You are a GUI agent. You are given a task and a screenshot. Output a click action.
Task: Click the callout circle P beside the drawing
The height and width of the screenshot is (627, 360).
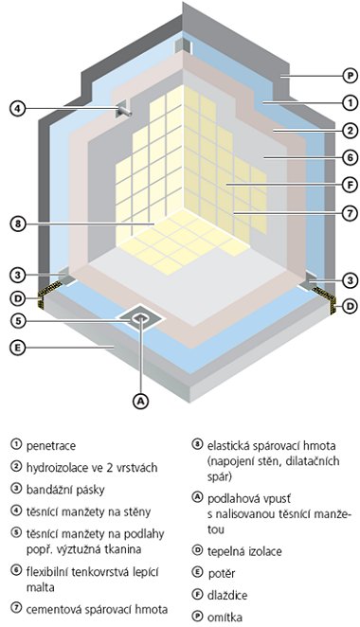pos(350,75)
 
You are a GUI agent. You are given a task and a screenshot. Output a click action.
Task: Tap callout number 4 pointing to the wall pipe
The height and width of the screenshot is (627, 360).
pos(17,108)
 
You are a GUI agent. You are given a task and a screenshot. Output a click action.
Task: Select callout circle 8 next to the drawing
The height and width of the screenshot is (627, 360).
pos(17,224)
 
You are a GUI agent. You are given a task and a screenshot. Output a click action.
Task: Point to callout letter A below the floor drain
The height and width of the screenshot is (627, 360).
pos(140,401)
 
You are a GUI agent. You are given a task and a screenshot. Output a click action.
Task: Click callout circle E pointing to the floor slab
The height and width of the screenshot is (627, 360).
pos(17,348)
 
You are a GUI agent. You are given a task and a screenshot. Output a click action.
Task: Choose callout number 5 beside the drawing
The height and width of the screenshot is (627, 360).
pos(17,321)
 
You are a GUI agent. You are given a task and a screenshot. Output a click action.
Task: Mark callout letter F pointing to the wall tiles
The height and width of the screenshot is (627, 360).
pos(350,185)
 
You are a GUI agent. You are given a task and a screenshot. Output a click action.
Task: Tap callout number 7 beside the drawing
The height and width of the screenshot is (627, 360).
pos(350,213)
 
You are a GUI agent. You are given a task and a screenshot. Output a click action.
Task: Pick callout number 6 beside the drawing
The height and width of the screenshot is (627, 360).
pos(350,157)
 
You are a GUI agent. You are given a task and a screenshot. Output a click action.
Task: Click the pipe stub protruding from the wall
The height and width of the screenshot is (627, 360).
pos(125,111)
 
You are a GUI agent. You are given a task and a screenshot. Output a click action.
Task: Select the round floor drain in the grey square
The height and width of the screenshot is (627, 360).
pos(140,318)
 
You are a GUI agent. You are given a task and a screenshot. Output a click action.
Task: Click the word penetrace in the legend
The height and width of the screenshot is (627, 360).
pos(51,446)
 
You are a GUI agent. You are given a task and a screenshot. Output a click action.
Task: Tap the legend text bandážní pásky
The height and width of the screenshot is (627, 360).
pos(65,490)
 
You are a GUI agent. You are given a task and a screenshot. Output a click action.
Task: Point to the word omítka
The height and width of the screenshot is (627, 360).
pos(225,617)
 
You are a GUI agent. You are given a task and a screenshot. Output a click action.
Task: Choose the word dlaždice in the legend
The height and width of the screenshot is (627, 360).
pos(227,595)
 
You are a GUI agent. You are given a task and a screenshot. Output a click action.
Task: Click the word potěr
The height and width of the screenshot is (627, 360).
pos(221,573)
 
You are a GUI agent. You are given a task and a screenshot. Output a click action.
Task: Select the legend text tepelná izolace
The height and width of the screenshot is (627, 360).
pos(244,551)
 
